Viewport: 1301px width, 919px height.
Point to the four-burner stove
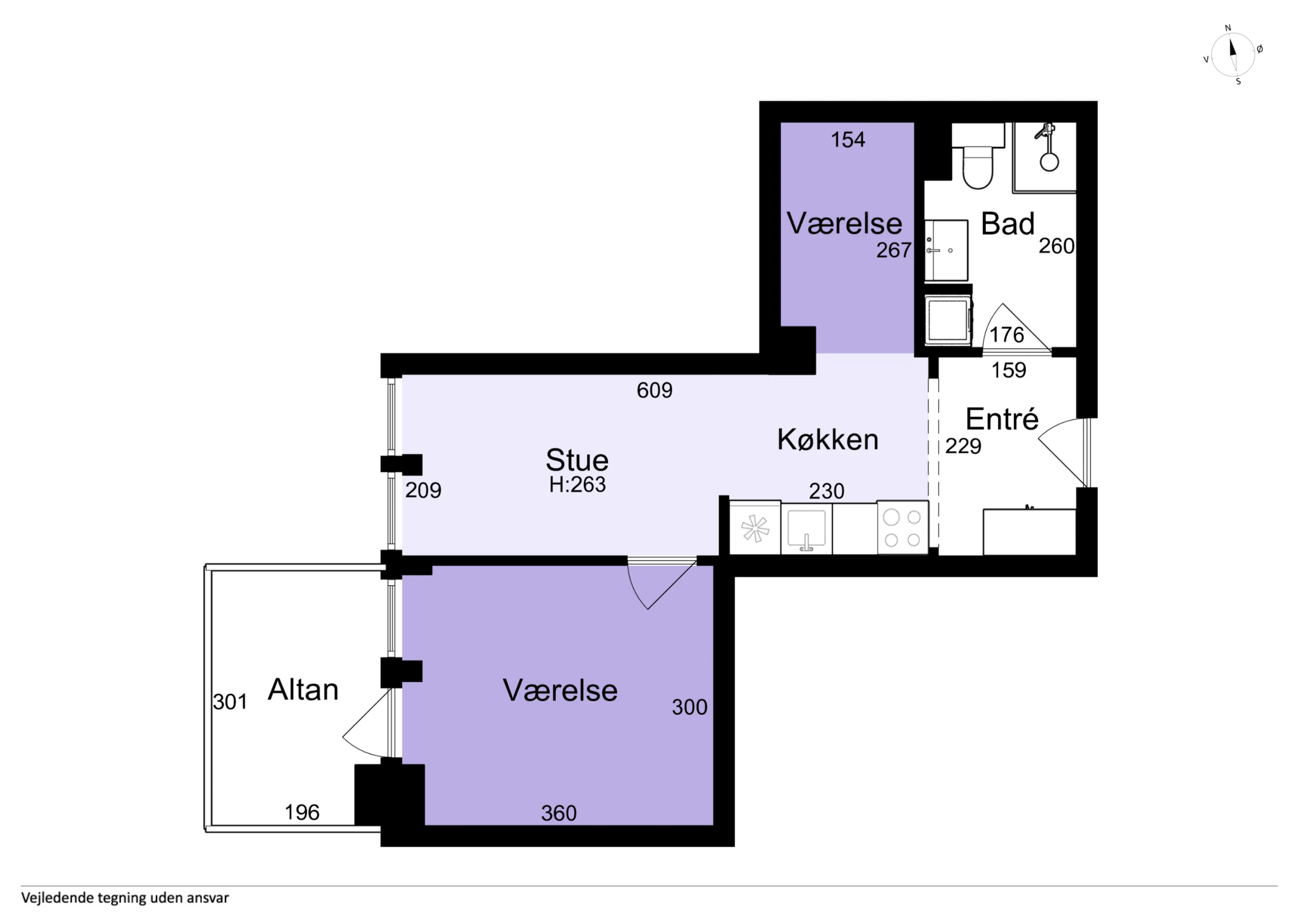903,527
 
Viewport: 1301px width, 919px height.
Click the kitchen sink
806,529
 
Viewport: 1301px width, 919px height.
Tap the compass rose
1233,55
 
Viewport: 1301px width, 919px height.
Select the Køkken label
828,439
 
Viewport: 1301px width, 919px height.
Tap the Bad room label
1008,224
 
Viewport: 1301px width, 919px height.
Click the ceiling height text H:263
577,485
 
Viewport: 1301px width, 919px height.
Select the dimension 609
655,390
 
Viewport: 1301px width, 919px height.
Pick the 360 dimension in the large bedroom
559,813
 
